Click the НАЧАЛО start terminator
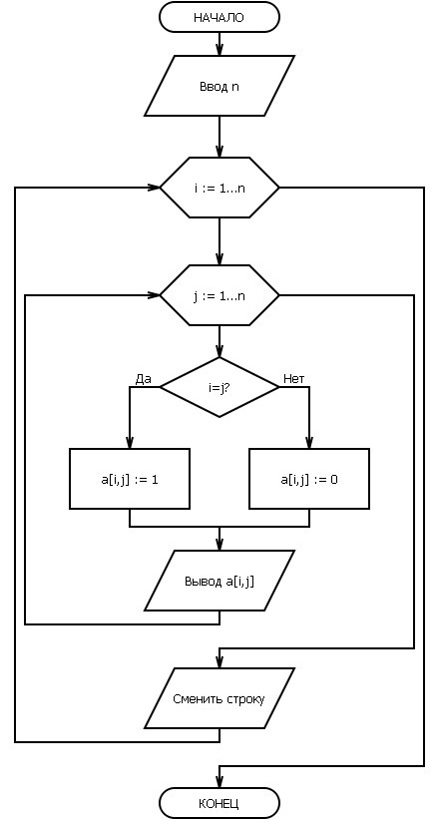(x=219, y=17)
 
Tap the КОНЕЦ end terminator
(x=219, y=803)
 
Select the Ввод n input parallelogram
(x=219, y=86)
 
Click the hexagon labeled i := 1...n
(x=219, y=188)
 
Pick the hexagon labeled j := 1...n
(x=219, y=295)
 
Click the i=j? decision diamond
(x=219, y=387)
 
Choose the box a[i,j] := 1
(x=130, y=479)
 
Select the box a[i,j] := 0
(x=309, y=479)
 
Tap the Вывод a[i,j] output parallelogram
(x=219, y=581)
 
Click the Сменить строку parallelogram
(x=219, y=698)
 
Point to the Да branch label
(x=143, y=379)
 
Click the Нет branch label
(x=293, y=379)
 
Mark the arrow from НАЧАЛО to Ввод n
(x=219, y=45)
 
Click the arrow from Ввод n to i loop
(x=219, y=137)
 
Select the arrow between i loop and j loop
(x=219, y=241)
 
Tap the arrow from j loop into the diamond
(x=219, y=341)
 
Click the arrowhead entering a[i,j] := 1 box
(x=130, y=442)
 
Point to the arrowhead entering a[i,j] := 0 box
(x=309, y=442)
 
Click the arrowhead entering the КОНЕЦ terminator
(x=219, y=781)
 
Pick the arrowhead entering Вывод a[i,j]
(x=219, y=544)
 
